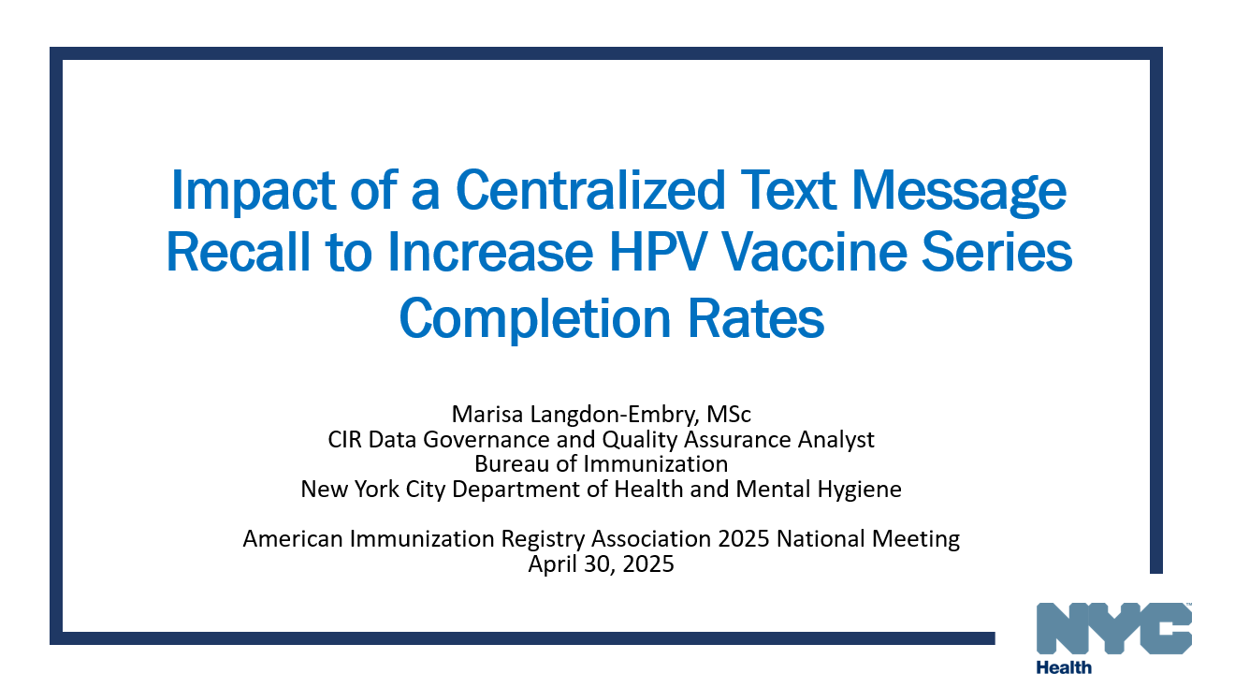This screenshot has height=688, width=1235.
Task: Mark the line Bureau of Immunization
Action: tap(601, 462)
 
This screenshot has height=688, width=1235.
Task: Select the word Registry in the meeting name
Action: tap(597, 538)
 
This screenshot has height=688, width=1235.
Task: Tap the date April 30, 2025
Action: tap(601, 564)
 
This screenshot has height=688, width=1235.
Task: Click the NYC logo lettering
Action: tap(1113, 627)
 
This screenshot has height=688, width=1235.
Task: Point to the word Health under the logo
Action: tap(1064, 667)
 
